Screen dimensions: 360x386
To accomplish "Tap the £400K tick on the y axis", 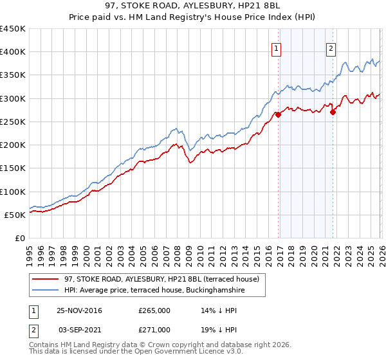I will click(13, 52).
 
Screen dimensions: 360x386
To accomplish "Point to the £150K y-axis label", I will click(13, 168).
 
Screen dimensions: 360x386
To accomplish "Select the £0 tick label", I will click(19, 238).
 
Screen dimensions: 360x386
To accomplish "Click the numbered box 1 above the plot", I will click(276, 48).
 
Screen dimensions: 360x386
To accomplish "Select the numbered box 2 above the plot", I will click(331, 48).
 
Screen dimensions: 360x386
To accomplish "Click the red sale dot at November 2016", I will click(279, 115).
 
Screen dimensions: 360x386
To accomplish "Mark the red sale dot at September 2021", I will click(333, 112).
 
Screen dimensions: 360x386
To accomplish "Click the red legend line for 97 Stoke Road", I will click(46, 280).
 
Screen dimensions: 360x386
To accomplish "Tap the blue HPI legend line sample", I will click(46, 291).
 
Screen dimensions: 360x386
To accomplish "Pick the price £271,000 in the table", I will click(154, 329).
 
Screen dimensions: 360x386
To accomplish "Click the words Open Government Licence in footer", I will click(174, 353).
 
